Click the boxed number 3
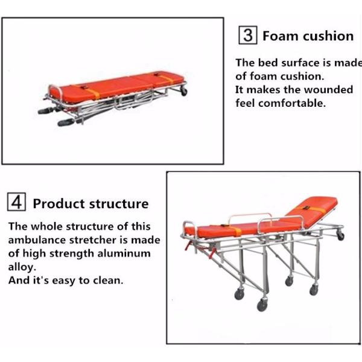click(247, 35)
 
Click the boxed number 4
click(16, 203)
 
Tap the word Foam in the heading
click(279, 36)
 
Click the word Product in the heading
click(59, 203)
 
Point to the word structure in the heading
click(118, 203)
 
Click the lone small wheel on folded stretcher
click(184, 92)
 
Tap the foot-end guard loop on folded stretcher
click(56, 91)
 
